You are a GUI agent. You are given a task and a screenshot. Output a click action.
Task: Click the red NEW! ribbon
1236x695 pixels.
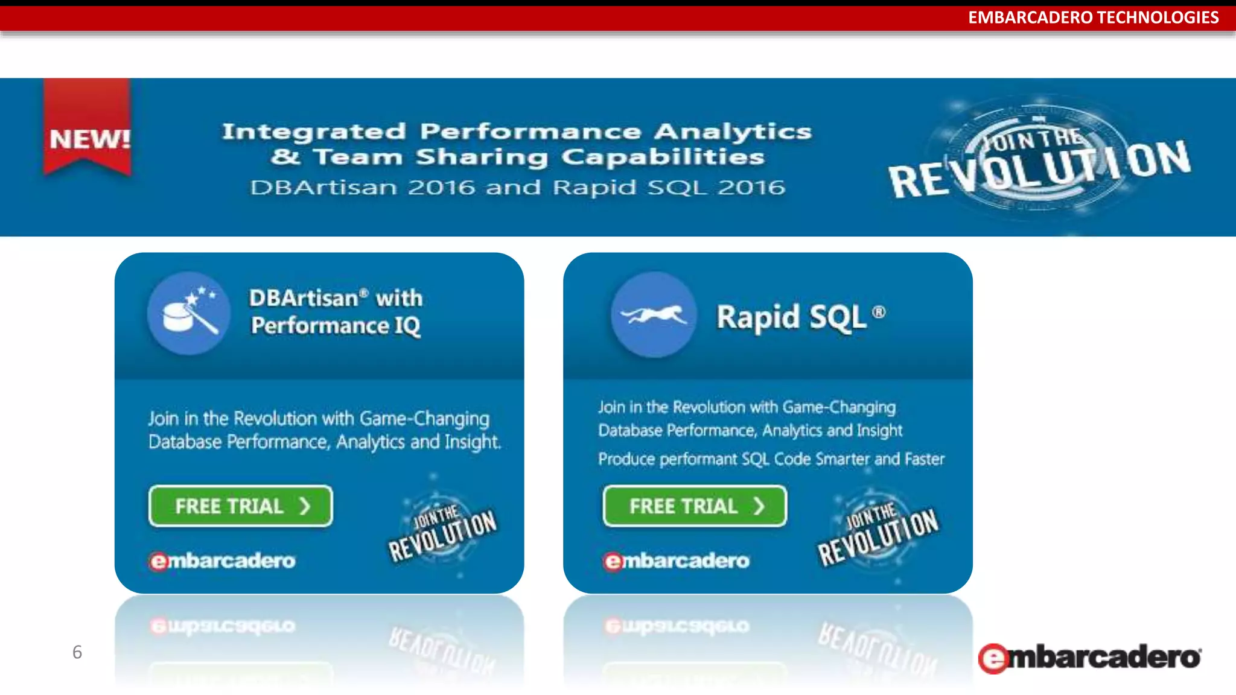point(88,130)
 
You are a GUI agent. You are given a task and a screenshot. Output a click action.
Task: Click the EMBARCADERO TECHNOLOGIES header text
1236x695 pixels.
point(1093,17)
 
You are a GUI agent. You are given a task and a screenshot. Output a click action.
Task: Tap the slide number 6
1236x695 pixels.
point(77,652)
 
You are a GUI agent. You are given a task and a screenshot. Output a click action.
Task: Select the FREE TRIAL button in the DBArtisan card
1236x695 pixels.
point(240,506)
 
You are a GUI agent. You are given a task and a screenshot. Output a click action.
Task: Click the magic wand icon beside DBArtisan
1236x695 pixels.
point(189,313)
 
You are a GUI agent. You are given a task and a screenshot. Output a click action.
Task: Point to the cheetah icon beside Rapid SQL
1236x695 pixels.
point(654,314)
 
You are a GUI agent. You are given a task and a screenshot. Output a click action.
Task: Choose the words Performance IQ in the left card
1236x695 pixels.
point(336,326)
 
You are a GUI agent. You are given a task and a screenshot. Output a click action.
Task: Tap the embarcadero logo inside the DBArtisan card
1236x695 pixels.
point(223,561)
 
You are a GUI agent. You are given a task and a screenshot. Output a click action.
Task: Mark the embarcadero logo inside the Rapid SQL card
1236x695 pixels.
point(677,561)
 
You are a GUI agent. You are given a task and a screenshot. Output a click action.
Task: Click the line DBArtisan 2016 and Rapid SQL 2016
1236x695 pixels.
point(518,188)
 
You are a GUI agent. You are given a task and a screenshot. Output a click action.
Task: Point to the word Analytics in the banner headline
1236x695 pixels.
point(733,132)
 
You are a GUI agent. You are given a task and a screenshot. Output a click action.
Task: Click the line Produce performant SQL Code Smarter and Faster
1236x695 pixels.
point(771,459)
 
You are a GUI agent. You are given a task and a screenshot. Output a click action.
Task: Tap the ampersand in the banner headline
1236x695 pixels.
point(285,157)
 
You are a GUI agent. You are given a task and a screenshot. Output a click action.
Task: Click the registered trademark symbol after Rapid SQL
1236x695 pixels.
point(879,312)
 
